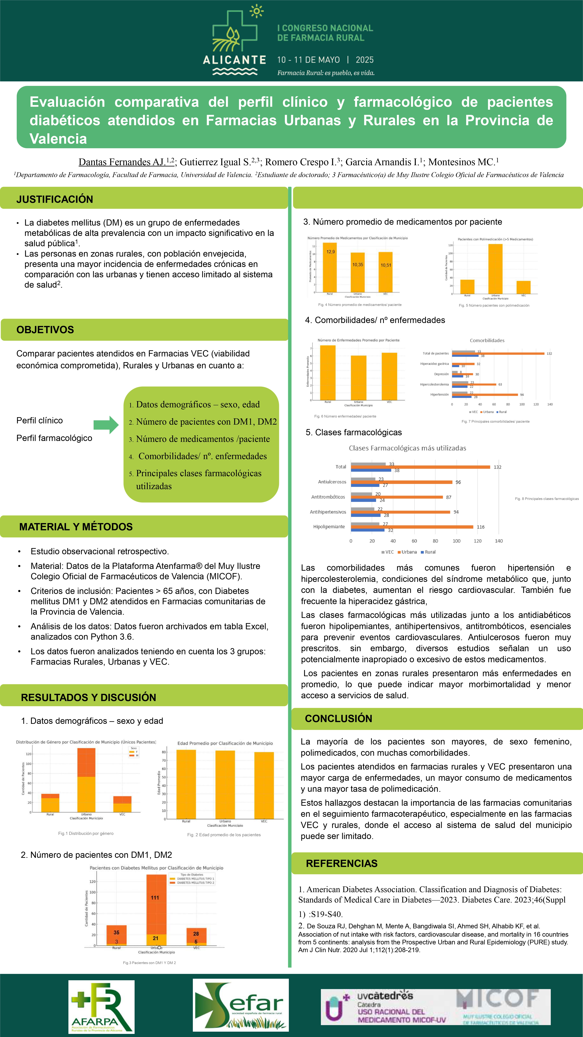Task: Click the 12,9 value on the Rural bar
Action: tap(330, 252)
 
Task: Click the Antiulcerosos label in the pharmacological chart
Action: tap(332, 482)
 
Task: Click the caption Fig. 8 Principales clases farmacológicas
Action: tap(546, 499)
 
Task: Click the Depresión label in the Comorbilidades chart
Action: tap(441, 374)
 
